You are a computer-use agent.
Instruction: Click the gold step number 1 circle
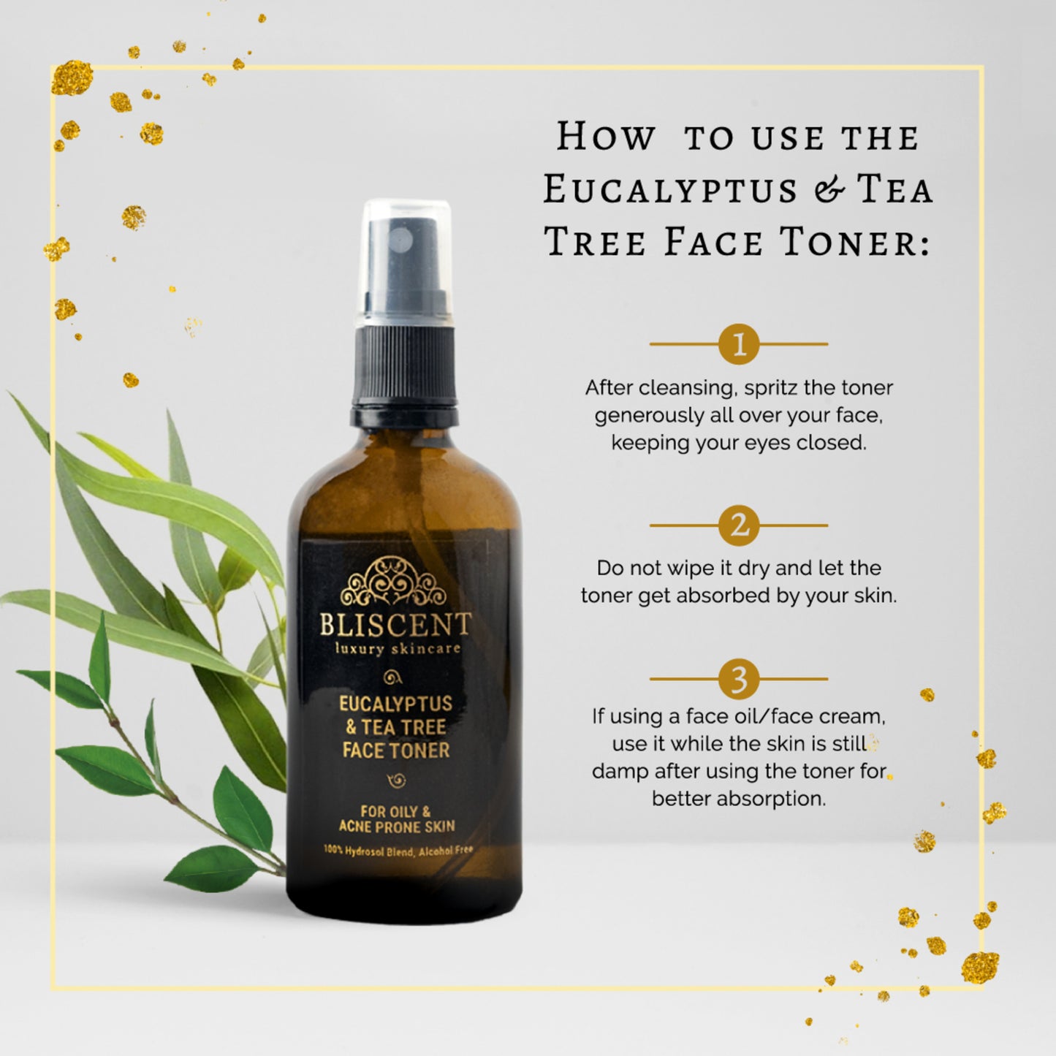739,343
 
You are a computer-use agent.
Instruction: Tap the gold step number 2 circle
739,525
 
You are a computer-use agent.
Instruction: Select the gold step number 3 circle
739,679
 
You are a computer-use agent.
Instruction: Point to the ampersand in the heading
827,190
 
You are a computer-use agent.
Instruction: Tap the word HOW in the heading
605,137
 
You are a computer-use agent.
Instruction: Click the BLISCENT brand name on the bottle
395,626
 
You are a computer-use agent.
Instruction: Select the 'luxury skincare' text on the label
398,648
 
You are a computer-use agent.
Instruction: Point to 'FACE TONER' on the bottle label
396,751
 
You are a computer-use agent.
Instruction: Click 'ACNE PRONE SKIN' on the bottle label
397,827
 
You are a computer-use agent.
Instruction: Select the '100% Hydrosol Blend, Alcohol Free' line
398,851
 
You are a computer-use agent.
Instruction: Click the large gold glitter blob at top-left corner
72,78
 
